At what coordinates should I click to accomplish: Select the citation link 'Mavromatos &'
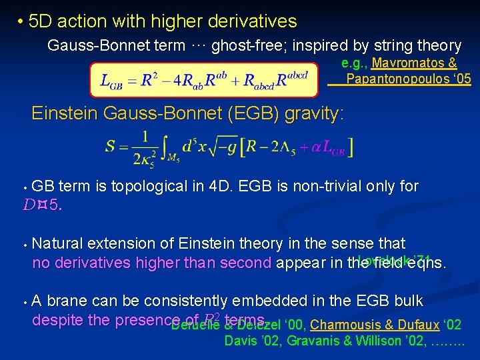[414, 63]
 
